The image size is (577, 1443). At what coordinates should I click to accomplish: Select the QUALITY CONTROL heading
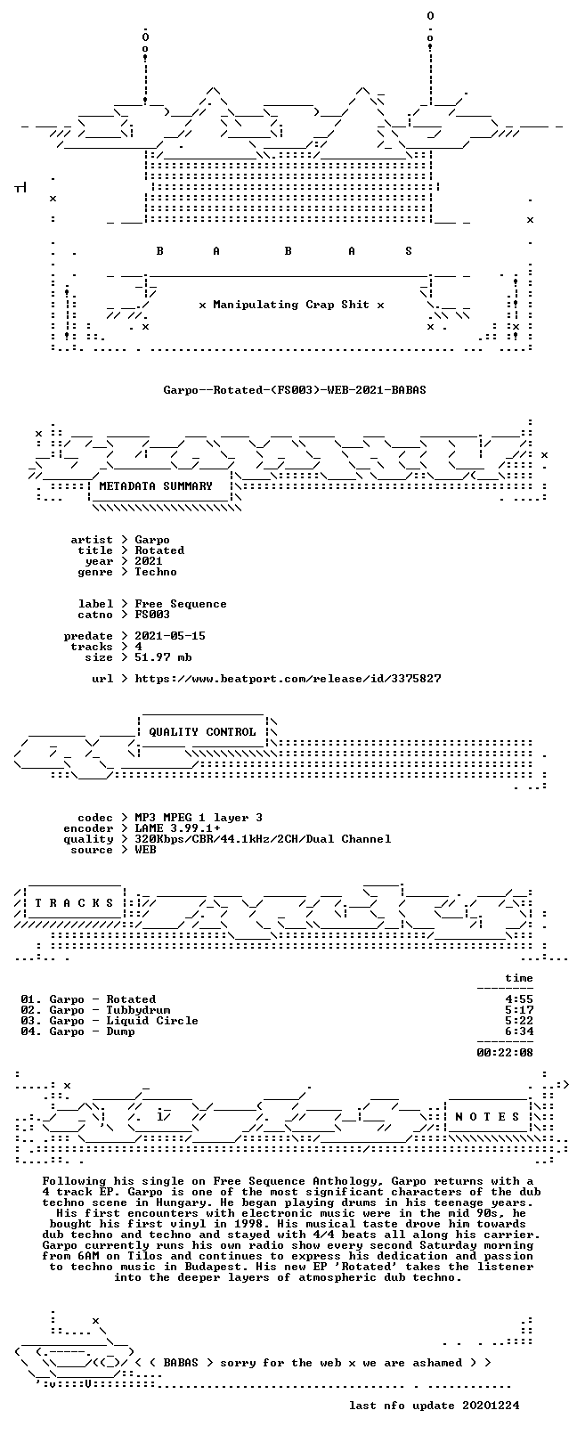click(x=202, y=732)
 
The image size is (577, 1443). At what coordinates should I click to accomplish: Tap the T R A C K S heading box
click(x=74, y=902)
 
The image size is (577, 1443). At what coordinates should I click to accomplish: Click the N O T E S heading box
click(x=487, y=1116)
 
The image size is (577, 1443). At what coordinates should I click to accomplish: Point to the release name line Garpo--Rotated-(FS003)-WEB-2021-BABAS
click(x=295, y=390)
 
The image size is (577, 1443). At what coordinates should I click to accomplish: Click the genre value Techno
click(x=156, y=571)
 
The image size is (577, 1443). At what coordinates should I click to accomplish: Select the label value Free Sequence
click(x=180, y=604)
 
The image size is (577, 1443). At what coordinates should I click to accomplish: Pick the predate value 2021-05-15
click(x=170, y=636)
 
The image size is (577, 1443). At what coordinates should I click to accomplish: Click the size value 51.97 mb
click(x=163, y=657)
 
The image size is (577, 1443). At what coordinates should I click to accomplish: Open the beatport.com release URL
click(x=288, y=679)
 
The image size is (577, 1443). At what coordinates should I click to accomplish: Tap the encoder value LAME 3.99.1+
click(x=177, y=828)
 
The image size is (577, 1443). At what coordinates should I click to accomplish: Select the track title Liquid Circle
click(x=152, y=1021)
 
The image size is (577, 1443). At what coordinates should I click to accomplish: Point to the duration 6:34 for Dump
click(x=519, y=1031)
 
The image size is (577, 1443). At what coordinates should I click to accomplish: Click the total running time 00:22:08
click(x=505, y=1053)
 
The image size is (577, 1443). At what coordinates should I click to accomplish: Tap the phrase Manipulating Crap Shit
click(x=291, y=305)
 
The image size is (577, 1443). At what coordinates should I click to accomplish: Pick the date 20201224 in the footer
click(x=491, y=1405)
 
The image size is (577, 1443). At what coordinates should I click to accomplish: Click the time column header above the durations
click(x=519, y=978)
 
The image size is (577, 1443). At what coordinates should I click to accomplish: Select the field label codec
click(x=94, y=818)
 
